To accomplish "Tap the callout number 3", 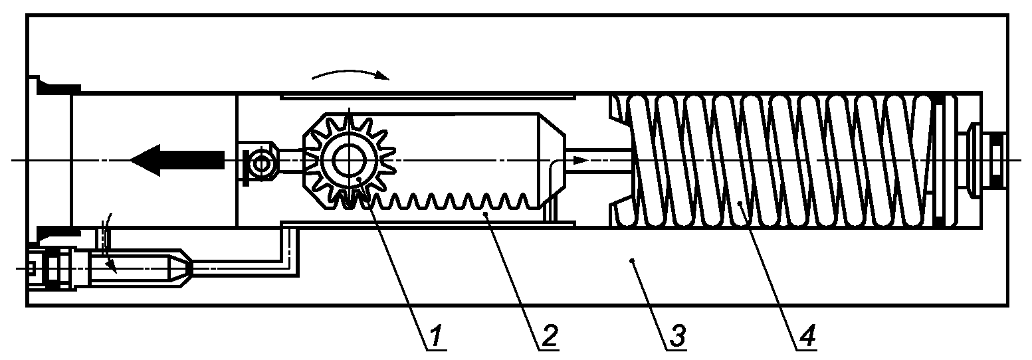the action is [676, 335].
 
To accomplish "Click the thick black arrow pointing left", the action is [177, 160].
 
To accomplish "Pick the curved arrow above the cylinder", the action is [351, 74].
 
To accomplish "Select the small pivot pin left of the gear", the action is [261, 163].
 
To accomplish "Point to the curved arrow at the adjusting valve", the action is [109, 242].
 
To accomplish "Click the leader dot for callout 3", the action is [632, 260].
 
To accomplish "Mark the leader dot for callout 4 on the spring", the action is [738, 202].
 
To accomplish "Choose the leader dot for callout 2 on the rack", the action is [484, 213].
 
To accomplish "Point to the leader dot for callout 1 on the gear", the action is [358, 177].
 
